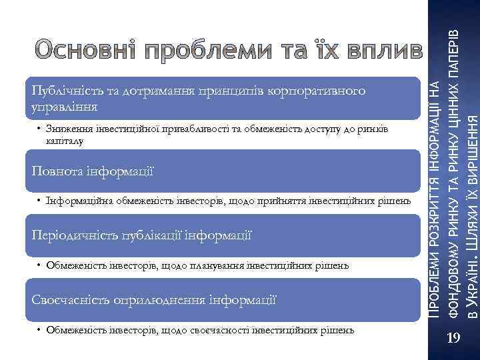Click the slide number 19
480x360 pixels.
click(454, 340)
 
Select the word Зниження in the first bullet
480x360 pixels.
click(67, 129)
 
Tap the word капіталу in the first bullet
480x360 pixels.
click(64, 141)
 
